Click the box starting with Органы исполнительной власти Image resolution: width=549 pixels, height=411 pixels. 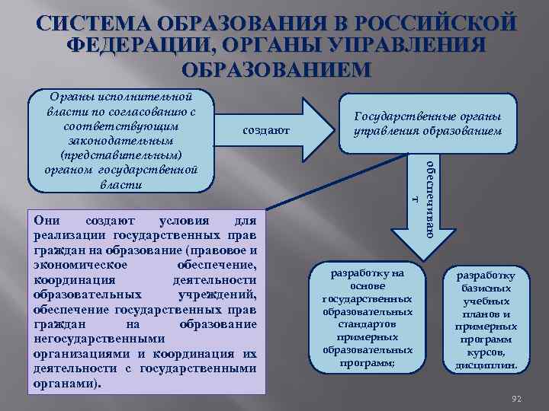click(x=120, y=141)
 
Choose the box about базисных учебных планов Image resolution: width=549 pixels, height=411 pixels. click(x=486, y=320)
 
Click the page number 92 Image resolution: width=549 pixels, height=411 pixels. click(x=515, y=398)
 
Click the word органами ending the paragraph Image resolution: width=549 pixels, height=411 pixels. click(x=66, y=384)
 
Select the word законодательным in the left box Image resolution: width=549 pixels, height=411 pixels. click(x=120, y=141)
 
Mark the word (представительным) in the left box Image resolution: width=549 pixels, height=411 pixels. click(x=120, y=155)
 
